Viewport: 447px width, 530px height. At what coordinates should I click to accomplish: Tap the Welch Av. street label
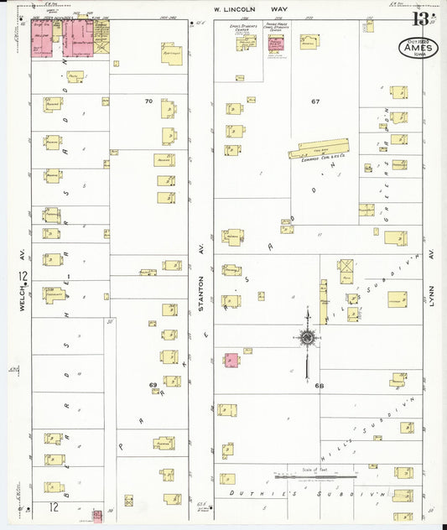click(25, 298)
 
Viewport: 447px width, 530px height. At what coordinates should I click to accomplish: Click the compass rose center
click(308, 338)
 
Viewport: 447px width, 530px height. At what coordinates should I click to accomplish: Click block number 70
click(148, 101)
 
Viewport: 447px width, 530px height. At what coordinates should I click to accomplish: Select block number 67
click(315, 101)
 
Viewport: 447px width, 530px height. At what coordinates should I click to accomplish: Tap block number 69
click(153, 385)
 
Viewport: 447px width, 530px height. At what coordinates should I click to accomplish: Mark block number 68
click(320, 386)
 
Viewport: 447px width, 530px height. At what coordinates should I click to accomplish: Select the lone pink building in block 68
click(230, 360)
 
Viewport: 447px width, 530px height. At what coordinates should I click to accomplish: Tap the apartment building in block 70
click(172, 53)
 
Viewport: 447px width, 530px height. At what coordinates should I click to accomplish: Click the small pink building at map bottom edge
click(97, 515)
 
